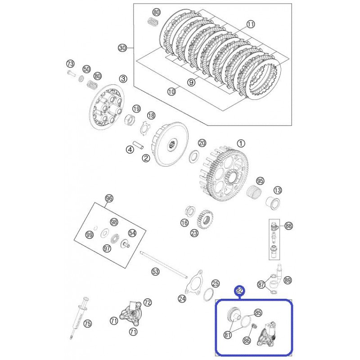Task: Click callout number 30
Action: [x=122, y=48]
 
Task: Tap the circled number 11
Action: [x=251, y=24]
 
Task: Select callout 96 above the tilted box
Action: [x=109, y=198]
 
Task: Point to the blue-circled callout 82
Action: [x=239, y=291]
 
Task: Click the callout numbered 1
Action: [x=241, y=144]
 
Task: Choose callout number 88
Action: [x=288, y=226]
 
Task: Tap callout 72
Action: [x=148, y=302]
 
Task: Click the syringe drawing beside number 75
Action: [x=79, y=317]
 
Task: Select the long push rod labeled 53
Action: [x=164, y=265]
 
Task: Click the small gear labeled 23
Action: [x=205, y=219]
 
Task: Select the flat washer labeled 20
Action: [x=194, y=156]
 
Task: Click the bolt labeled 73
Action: [x=71, y=74]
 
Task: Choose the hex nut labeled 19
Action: [x=130, y=121]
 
